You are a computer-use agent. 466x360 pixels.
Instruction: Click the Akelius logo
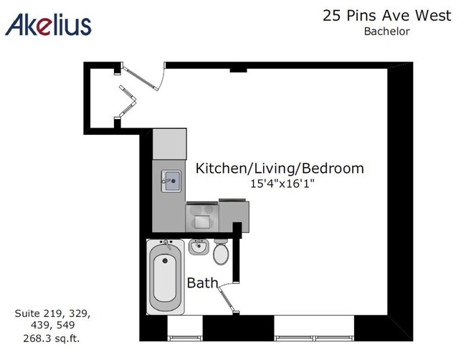point(48,24)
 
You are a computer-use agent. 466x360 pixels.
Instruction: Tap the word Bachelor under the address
point(386,31)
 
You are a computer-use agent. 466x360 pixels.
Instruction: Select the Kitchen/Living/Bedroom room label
point(280,169)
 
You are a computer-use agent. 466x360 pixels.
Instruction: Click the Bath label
point(202,283)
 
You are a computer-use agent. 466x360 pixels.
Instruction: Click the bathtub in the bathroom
point(166,278)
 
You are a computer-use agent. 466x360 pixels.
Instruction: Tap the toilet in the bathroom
point(222,252)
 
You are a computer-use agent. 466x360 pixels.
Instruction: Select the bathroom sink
point(199,248)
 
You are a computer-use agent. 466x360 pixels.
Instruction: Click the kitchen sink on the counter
point(170,179)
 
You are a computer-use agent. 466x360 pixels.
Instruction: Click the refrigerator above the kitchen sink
point(170,144)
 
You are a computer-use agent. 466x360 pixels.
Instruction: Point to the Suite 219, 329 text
point(53,313)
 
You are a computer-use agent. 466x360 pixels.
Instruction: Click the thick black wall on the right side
point(400,201)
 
